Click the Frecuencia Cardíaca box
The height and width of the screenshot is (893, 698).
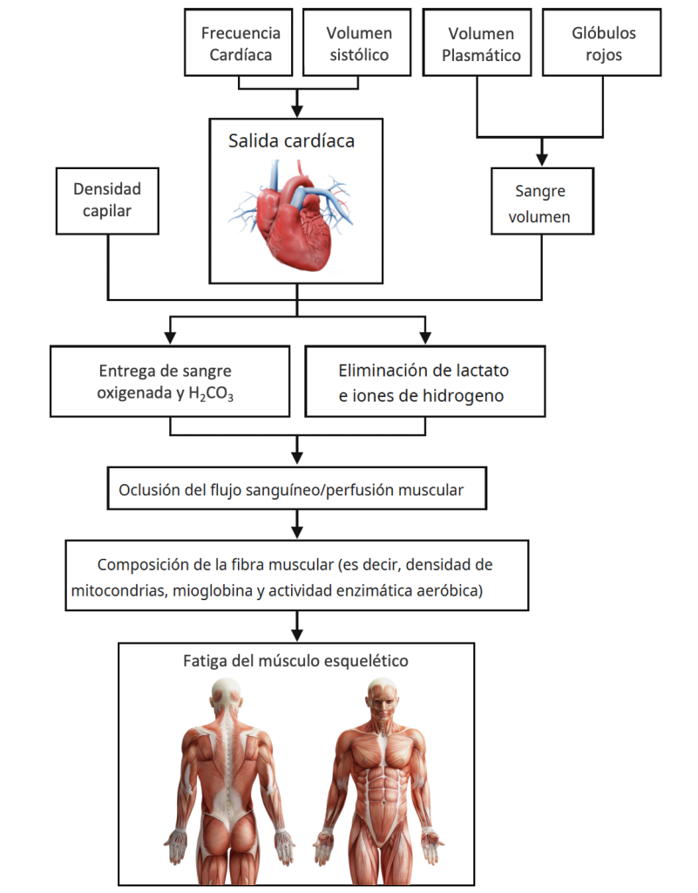pos(241,44)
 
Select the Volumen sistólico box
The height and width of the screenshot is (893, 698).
pos(358,44)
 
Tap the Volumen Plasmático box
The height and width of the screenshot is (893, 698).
pos(480,44)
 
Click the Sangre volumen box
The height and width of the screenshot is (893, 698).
pos(542,203)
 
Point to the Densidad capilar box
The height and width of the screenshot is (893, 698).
pos(106,200)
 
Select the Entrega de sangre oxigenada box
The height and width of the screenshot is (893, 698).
pos(169,382)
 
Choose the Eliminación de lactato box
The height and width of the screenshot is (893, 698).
pos(424,382)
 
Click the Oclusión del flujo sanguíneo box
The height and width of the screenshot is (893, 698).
pos(296,490)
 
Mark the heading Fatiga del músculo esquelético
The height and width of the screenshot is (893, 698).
pos(297,661)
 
